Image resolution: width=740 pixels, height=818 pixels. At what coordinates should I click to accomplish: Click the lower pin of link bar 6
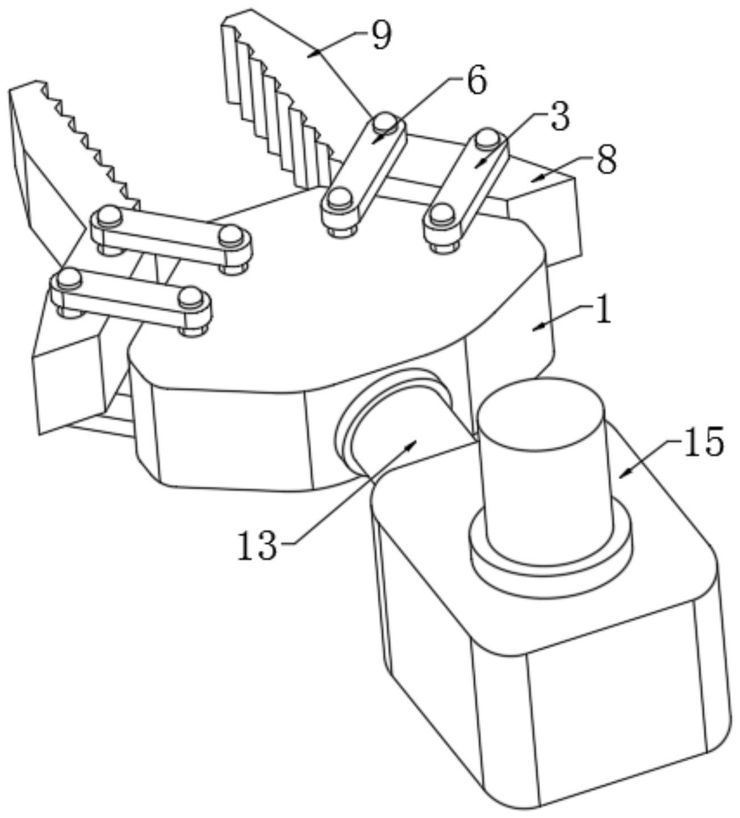click(337, 199)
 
